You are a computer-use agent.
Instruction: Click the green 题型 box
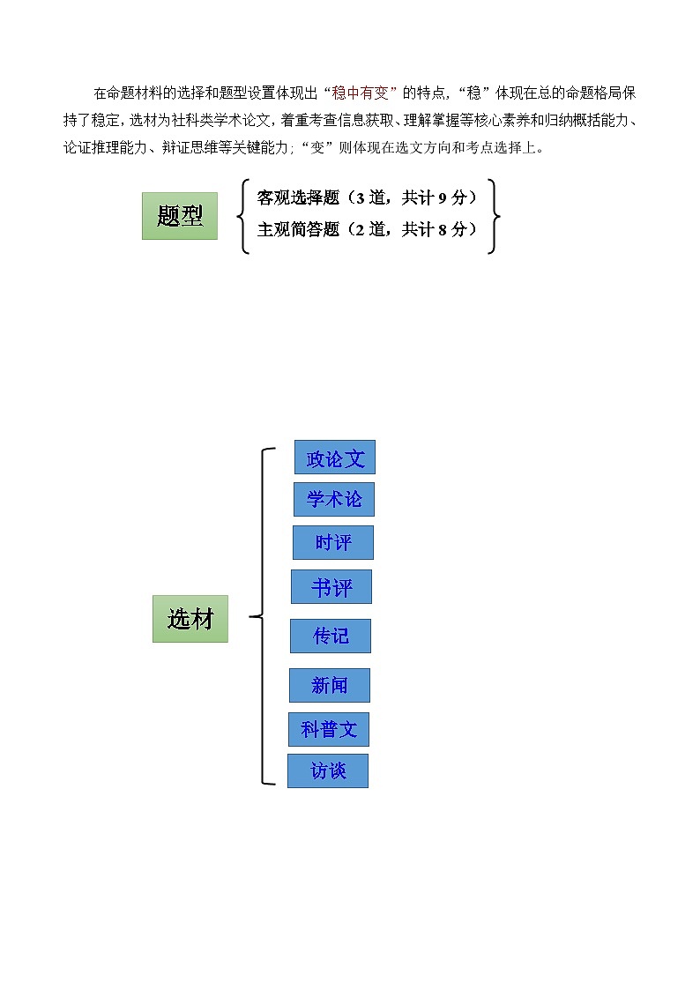point(180,216)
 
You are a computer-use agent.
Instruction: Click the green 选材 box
point(190,618)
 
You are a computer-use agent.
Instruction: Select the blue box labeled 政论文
point(335,458)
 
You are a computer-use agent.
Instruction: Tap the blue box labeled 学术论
point(334,499)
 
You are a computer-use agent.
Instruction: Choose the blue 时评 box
point(333,542)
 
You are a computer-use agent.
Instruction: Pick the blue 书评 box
point(331,586)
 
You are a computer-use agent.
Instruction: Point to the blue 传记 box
point(331,636)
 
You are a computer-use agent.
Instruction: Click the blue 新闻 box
point(330,685)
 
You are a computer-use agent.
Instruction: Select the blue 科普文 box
point(329,729)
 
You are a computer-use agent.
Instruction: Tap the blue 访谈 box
point(328,770)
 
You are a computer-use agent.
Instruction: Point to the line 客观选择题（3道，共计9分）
point(367,197)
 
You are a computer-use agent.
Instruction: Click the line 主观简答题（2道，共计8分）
point(367,229)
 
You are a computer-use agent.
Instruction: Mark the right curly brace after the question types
point(494,216)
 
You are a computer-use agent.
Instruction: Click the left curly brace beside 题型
point(243,216)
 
